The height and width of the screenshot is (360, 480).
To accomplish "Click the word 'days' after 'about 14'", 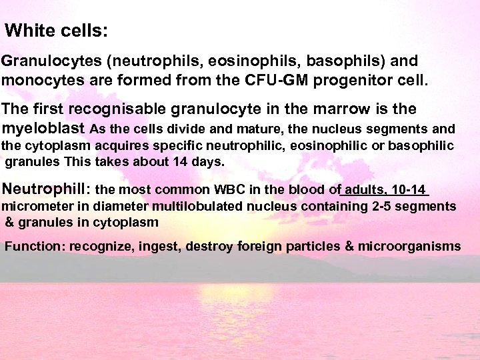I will click(x=208, y=161).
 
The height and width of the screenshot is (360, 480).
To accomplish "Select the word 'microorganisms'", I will click(x=409, y=247).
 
